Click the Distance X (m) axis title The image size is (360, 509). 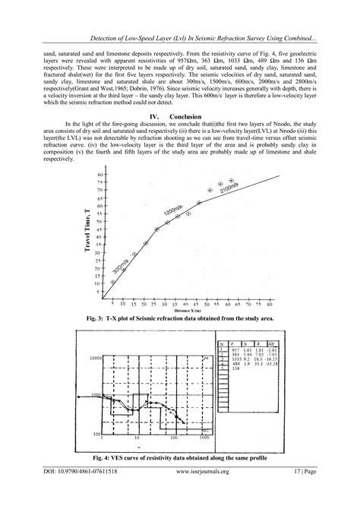click(188, 310)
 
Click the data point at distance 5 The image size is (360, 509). click(113, 281)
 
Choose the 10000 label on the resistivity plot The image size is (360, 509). click(90, 358)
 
